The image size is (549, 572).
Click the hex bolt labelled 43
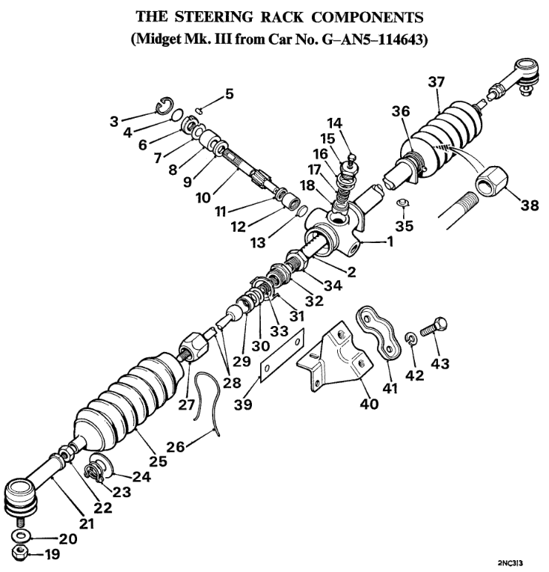tap(433, 328)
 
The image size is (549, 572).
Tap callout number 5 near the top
tap(228, 94)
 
